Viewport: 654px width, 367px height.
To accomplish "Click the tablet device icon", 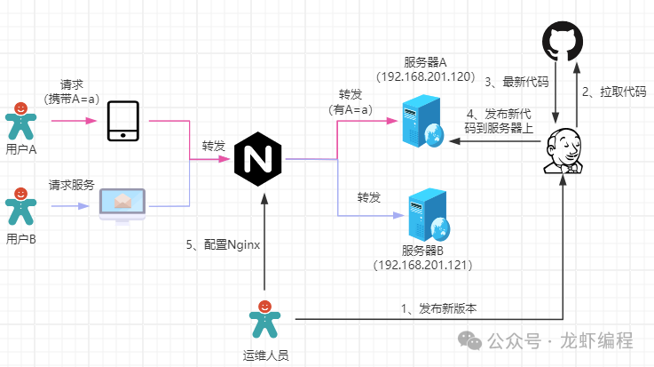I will pos(122,121).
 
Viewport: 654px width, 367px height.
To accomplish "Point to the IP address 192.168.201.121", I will pos(422,266).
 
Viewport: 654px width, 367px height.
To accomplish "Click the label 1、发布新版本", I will pos(438,308).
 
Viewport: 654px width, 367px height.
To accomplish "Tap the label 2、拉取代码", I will pos(612,92).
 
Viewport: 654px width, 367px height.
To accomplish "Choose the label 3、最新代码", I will pos(516,82).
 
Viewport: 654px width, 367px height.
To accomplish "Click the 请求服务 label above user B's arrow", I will pos(72,186).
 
